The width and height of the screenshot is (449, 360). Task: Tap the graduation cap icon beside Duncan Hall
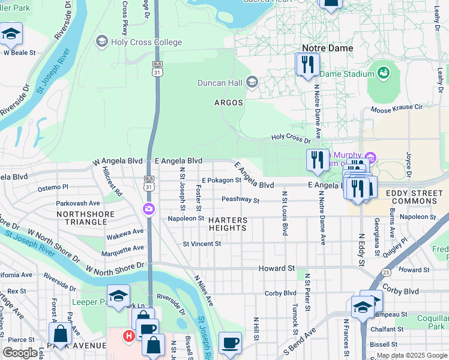[252, 83]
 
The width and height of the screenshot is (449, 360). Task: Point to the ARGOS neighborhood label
[229, 103]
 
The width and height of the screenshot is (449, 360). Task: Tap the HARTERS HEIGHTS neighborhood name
[228, 224]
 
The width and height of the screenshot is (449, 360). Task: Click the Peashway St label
[240, 200]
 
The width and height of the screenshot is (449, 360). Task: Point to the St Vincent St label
[202, 244]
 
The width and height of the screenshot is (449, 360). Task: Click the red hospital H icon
[128, 336]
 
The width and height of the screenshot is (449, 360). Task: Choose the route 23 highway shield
[385, 272]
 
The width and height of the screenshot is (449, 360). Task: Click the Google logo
[20, 353]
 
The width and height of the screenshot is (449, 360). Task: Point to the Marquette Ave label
[122, 248]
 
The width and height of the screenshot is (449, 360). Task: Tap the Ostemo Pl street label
[53, 188]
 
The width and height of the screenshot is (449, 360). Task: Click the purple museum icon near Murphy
[370, 158]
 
